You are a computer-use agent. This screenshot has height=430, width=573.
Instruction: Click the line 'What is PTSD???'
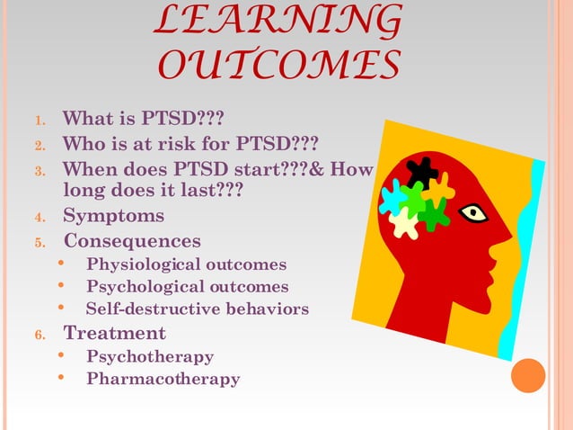click(143, 119)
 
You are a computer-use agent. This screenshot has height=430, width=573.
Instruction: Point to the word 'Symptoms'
click(113, 216)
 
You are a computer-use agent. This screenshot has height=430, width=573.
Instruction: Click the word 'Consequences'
click(132, 241)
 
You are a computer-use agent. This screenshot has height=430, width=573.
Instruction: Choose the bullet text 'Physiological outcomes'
click(186, 264)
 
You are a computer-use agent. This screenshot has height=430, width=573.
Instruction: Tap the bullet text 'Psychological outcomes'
click(187, 287)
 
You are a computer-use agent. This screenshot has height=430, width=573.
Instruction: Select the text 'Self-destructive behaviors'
click(197, 309)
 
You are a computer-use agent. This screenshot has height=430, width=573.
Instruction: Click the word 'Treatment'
click(114, 333)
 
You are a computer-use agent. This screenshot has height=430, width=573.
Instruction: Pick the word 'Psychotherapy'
click(150, 356)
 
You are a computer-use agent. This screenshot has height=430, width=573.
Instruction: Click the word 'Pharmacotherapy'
click(163, 379)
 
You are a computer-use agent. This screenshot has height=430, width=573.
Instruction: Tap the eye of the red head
click(472, 213)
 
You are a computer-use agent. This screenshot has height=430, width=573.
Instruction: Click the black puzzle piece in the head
click(421, 171)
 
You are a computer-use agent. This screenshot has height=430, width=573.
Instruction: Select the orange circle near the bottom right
click(528, 376)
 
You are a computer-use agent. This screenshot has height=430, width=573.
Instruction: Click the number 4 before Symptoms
click(39, 217)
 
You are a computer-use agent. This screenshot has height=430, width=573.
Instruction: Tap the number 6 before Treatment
click(39, 335)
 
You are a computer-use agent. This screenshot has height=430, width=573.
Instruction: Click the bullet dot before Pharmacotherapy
click(61, 378)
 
